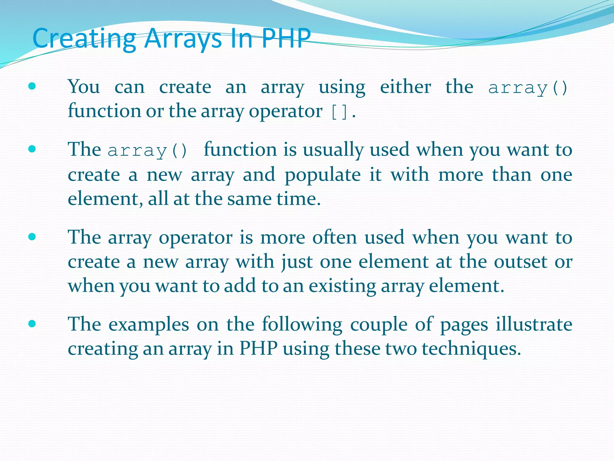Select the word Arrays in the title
183,38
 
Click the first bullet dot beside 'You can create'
32,87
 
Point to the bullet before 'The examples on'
32,324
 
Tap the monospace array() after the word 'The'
147,150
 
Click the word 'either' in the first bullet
405,87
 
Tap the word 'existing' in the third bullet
342,286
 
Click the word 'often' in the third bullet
334,237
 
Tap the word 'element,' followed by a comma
105,199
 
